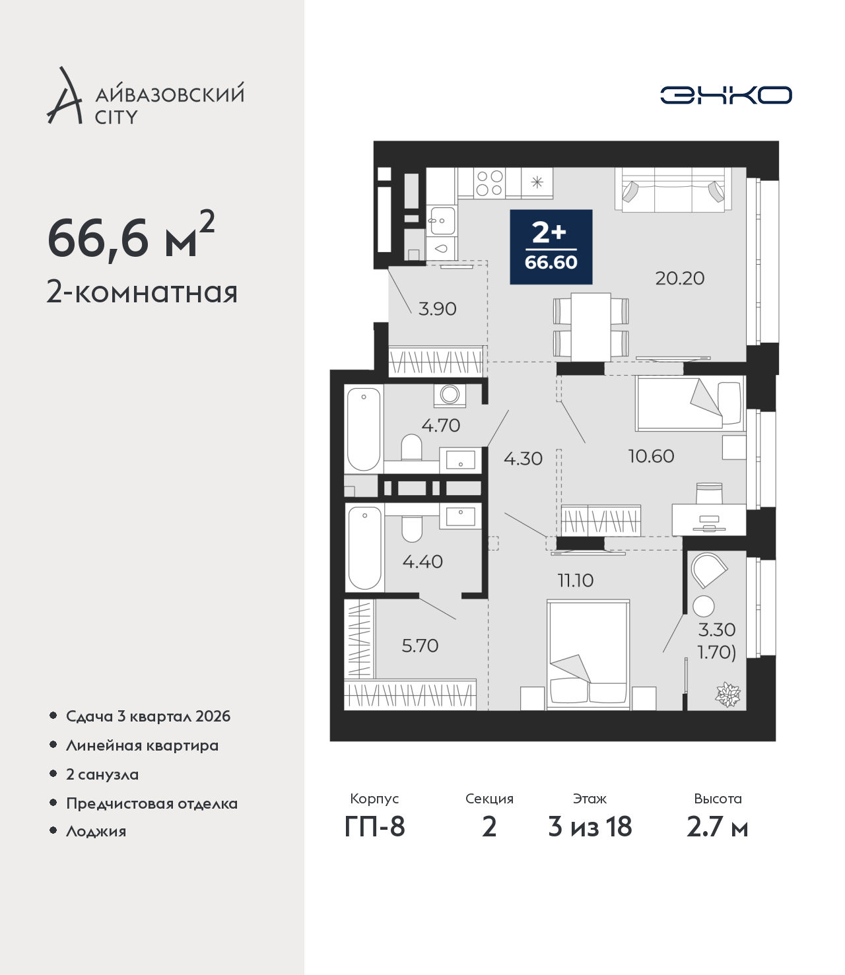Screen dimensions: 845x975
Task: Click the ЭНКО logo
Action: (726, 95)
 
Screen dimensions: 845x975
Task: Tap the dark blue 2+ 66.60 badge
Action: (551, 247)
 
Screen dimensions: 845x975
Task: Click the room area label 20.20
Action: (680, 279)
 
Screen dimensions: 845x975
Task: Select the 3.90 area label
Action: (438, 309)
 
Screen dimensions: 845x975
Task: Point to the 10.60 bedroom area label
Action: (651, 456)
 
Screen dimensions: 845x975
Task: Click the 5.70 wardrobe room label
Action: (420, 646)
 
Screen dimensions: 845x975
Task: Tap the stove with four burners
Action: (489, 183)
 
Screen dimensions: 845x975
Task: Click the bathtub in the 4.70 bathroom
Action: (364, 429)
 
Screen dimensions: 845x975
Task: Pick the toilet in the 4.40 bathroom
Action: (412, 529)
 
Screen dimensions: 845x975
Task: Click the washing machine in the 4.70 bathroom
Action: (450, 395)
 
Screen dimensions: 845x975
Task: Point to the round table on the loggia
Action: (704, 606)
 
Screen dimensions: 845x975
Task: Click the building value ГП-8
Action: (374, 827)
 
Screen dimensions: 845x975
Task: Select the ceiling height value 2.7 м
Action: (717, 827)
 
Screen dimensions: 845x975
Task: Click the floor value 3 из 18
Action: (590, 827)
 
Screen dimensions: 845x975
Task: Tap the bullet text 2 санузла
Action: (102, 774)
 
